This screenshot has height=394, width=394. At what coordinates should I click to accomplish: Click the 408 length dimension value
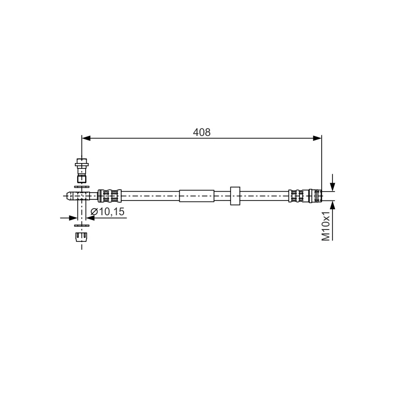coord(201,132)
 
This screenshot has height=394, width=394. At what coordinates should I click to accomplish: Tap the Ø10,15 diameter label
coord(107,212)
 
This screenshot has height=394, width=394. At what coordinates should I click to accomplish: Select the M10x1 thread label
coord(326,226)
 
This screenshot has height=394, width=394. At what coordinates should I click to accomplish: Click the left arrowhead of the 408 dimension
coord(86,138)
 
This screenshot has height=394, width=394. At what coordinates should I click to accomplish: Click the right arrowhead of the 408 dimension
coord(317,138)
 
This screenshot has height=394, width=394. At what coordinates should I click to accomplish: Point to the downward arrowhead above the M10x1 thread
coord(332,187)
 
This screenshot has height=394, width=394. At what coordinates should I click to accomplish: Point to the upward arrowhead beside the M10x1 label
coord(332,205)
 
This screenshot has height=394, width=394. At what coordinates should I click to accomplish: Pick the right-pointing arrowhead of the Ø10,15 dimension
coord(73,218)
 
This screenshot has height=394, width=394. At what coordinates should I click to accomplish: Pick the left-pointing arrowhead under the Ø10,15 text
coord(90,218)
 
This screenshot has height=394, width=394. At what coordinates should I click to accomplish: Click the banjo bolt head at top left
coord(82,163)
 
